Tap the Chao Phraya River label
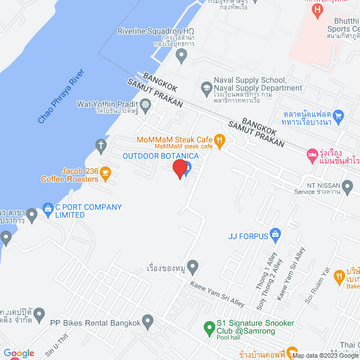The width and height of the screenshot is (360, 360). [x=60, y=97]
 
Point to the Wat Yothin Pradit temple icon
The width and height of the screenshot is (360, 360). [x=146, y=104]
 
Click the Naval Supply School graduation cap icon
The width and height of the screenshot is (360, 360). [x=206, y=88]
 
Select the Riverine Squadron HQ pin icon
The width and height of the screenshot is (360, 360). [x=181, y=55]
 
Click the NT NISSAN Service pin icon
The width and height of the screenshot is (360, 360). [x=347, y=186]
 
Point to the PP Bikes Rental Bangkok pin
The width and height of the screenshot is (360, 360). [x=148, y=323]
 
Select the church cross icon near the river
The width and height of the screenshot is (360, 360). [x=101, y=145]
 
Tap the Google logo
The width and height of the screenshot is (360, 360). [x=19, y=353]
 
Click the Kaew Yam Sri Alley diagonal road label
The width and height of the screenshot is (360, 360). [x=217, y=294]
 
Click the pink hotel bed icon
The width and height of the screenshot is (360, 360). [x=312, y=154]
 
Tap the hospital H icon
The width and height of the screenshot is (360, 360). [x=318, y=10]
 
